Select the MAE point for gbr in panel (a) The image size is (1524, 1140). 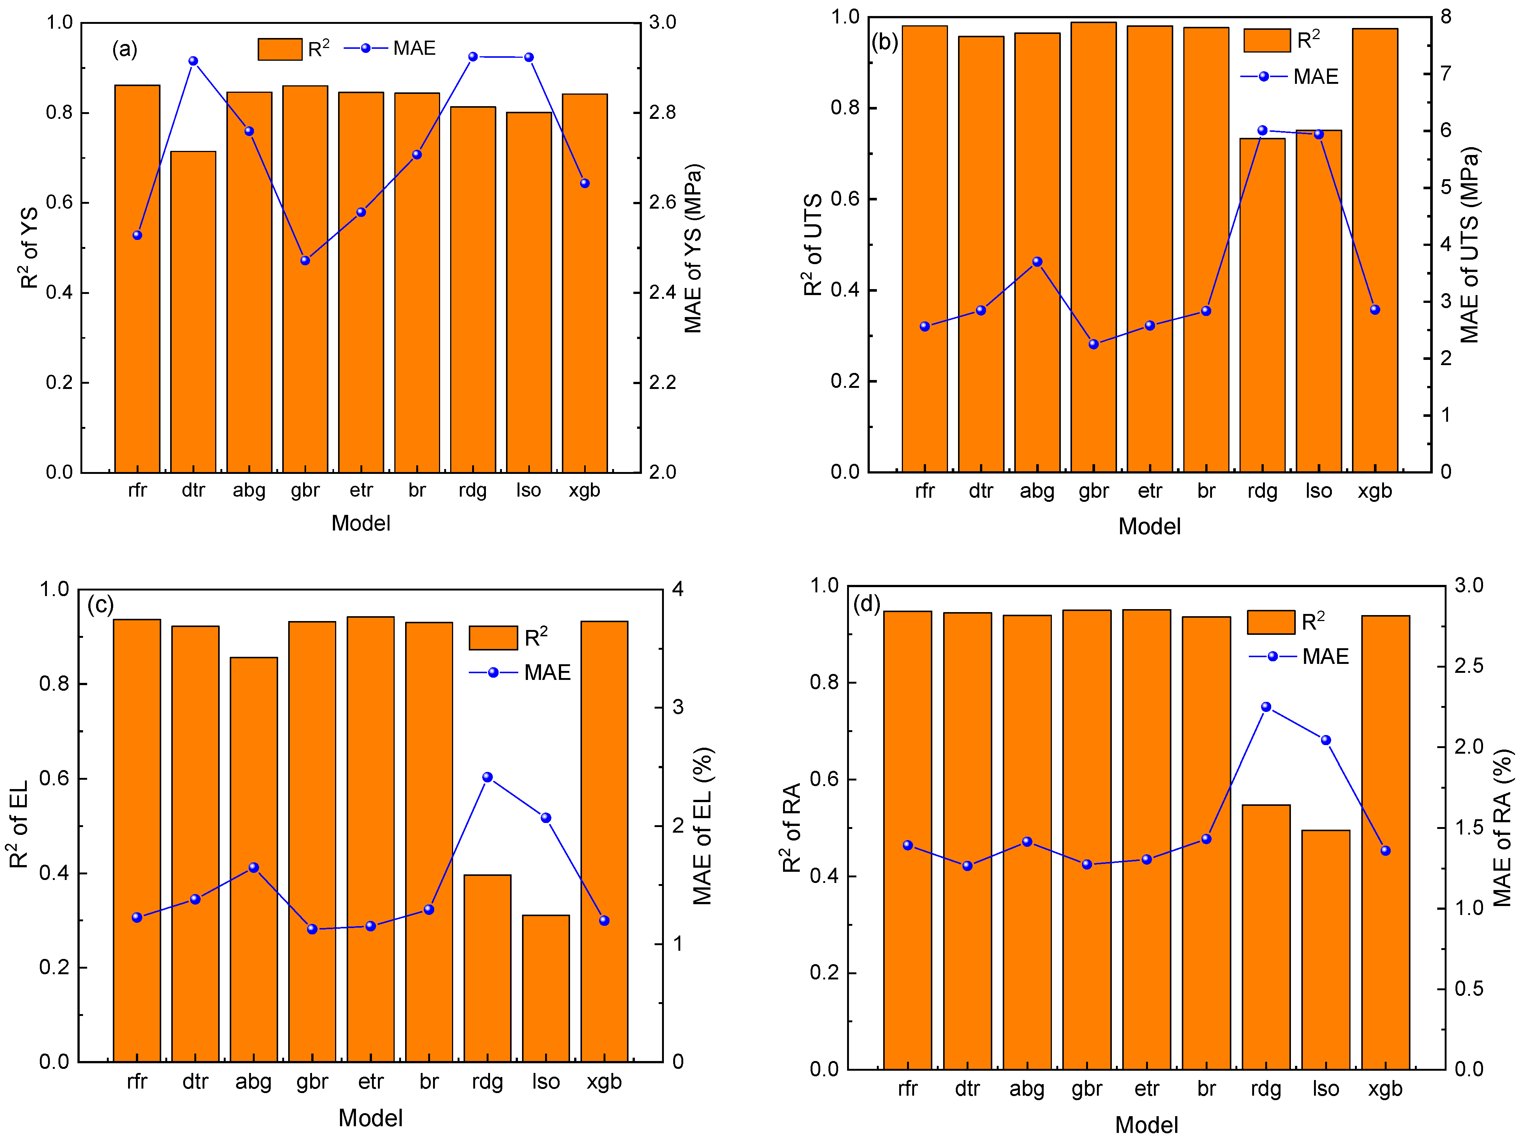305,260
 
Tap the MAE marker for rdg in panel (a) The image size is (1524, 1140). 473,57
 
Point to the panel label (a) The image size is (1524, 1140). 125,50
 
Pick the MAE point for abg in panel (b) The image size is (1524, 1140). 1037,262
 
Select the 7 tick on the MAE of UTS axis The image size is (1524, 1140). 1445,73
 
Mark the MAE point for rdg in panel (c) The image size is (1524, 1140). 487,777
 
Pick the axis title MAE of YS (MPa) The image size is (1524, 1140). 693,248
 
